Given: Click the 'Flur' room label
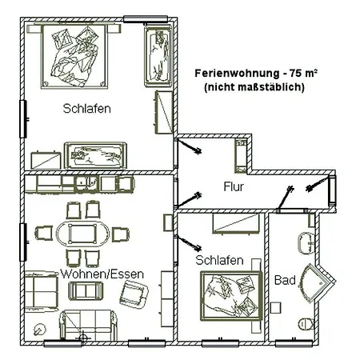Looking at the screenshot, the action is (234, 186).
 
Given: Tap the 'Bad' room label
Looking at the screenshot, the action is (285, 280).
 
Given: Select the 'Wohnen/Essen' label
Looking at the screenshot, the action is (102, 274).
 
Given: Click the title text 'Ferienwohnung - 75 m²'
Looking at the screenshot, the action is (256, 73).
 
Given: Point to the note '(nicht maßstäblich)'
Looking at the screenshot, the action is (254, 87).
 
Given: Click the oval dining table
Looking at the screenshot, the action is (82, 234).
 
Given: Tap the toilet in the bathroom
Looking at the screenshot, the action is (306, 324).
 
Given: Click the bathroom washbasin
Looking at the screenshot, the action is (306, 242).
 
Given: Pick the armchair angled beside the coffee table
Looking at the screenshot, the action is (134, 293).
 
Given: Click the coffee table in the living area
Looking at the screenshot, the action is (86, 290).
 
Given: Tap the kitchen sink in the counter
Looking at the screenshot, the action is (86, 183).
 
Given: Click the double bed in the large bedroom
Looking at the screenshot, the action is (74, 55).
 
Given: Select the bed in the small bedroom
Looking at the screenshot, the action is (231, 295).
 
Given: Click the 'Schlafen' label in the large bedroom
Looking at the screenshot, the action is (87, 109).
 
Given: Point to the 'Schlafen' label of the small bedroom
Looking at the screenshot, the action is (219, 260).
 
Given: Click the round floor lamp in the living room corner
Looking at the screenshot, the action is (40, 329).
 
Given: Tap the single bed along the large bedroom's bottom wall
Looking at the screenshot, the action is (95, 156).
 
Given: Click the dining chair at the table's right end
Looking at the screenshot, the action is (121, 234).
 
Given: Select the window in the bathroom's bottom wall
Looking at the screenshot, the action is (294, 342).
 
